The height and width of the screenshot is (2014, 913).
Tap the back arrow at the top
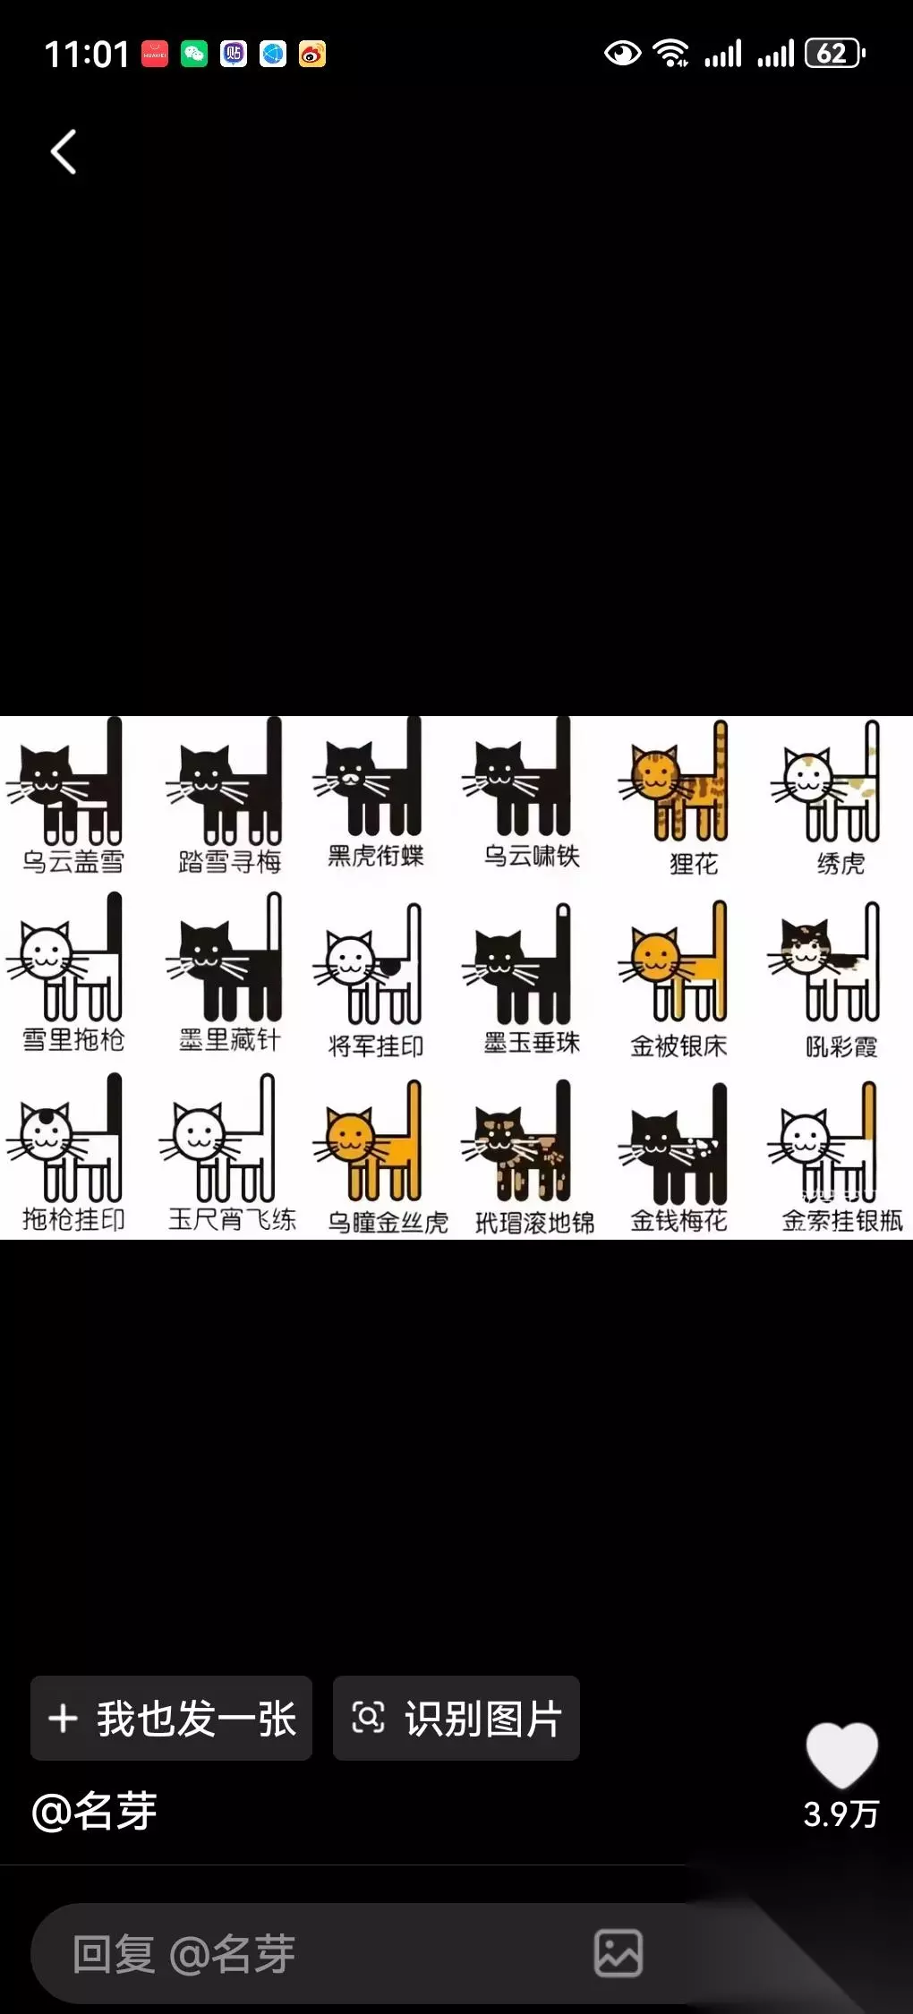(63, 152)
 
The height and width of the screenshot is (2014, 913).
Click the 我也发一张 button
(171, 1719)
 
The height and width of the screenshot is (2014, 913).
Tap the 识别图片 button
(456, 1719)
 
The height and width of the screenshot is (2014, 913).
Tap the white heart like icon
(842, 1754)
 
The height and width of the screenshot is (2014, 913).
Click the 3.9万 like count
(841, 1814)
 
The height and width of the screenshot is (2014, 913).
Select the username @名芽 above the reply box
(94, 1813)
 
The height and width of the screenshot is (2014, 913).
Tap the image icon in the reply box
(619, 1953)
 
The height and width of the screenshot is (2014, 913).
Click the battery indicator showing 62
(835, 54)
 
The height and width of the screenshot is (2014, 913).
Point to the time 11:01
(87, 55)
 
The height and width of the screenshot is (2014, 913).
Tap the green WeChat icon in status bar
(194, 55)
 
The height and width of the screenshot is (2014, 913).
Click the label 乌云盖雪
(73, 862)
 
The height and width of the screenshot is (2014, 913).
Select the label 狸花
(694, 864)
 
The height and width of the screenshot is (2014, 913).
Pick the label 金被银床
(678, 1045)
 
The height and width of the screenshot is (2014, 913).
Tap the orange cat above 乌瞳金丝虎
(367, 1140)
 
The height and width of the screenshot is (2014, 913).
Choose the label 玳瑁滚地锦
(534, 1223)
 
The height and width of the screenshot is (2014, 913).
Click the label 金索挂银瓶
(842, 1220)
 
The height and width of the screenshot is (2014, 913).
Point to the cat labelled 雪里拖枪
(64, 957)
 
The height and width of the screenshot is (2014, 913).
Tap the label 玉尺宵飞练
(232, 1219)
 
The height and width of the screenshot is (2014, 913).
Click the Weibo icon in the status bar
(312, 55)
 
